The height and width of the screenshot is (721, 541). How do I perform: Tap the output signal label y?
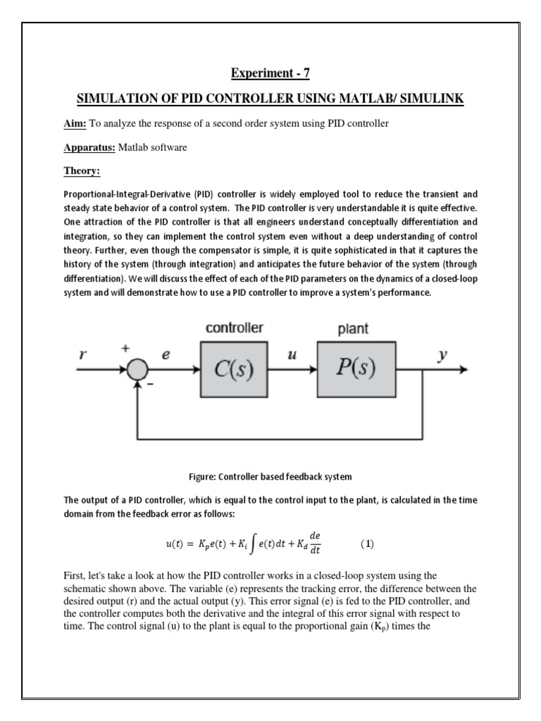tap(442, 356)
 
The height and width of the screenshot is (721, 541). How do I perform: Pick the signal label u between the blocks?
tap(292, 357)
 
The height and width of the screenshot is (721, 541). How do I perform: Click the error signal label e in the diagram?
tap(166, 357)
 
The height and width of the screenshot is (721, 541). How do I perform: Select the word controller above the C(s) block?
tap(235, 328)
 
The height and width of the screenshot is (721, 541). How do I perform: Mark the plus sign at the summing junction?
tap(127, 349)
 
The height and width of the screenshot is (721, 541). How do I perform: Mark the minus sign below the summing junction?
tap(150, 386)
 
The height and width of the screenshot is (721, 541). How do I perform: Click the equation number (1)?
tap(366, 544)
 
